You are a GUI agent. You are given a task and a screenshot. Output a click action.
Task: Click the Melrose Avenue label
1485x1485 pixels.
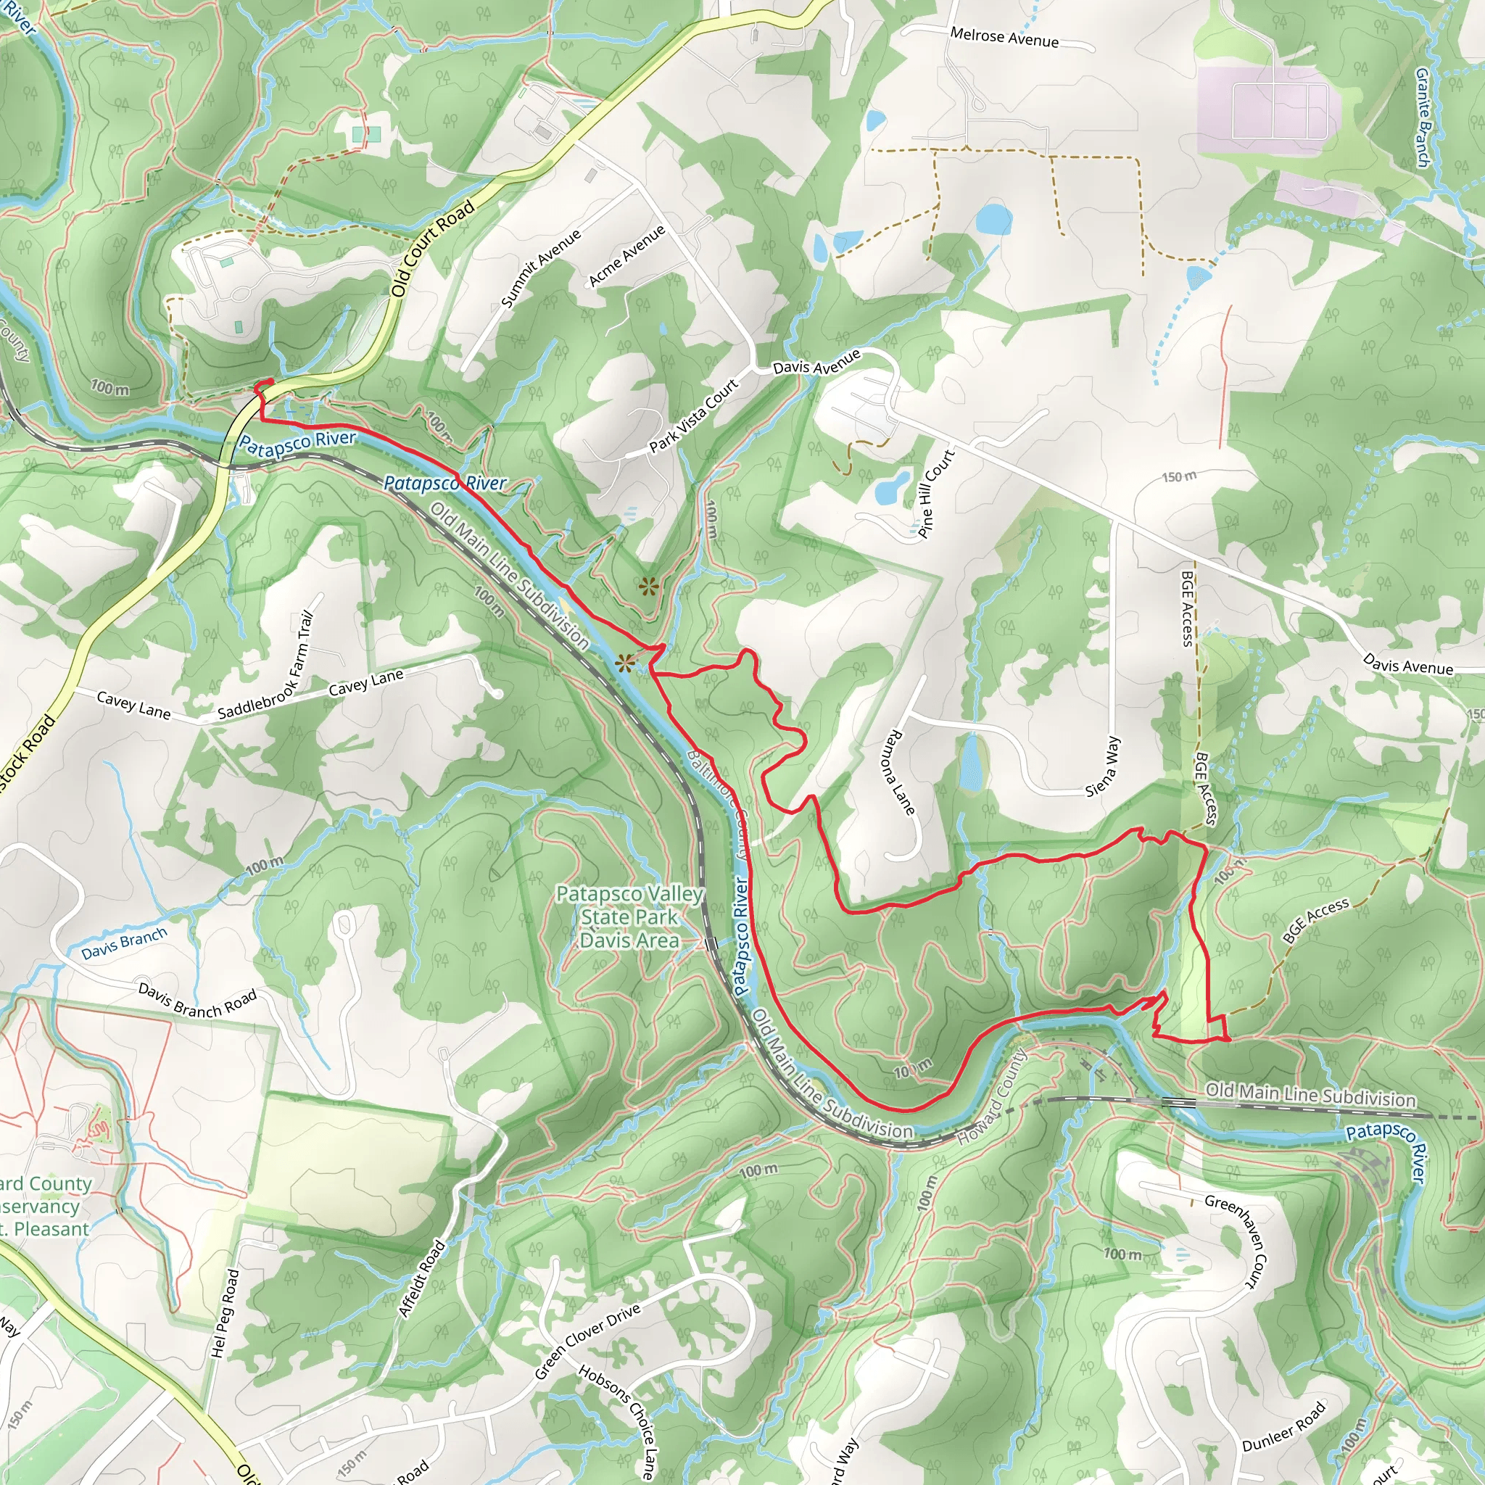point(1004,37)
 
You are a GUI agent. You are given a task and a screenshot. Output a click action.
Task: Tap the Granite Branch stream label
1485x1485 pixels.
point(1423,117)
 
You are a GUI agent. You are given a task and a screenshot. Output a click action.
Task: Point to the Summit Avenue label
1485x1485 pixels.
point(540,268)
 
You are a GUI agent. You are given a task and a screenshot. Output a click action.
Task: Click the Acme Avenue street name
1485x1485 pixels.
point(626,256)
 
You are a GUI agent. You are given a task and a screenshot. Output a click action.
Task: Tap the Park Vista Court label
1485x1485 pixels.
point(693,417)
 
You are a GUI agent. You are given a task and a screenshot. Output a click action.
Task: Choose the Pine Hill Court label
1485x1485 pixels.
point(936,492)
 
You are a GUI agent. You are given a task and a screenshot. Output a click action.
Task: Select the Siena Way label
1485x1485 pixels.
point(1104,766)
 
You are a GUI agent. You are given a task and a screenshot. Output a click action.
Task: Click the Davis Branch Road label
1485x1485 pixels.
point(197,999)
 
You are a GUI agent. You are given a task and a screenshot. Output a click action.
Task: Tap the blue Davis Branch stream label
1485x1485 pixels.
point(124,943)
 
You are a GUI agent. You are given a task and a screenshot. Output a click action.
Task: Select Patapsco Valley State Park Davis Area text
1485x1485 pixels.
point(629,917)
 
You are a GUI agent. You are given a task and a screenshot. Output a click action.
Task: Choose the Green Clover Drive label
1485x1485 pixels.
point(587,1341)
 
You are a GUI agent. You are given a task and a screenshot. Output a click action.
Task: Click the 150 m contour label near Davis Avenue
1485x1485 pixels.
point(1178,476)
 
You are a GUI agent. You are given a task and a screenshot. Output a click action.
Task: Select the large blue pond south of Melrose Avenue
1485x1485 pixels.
point(993,219)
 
